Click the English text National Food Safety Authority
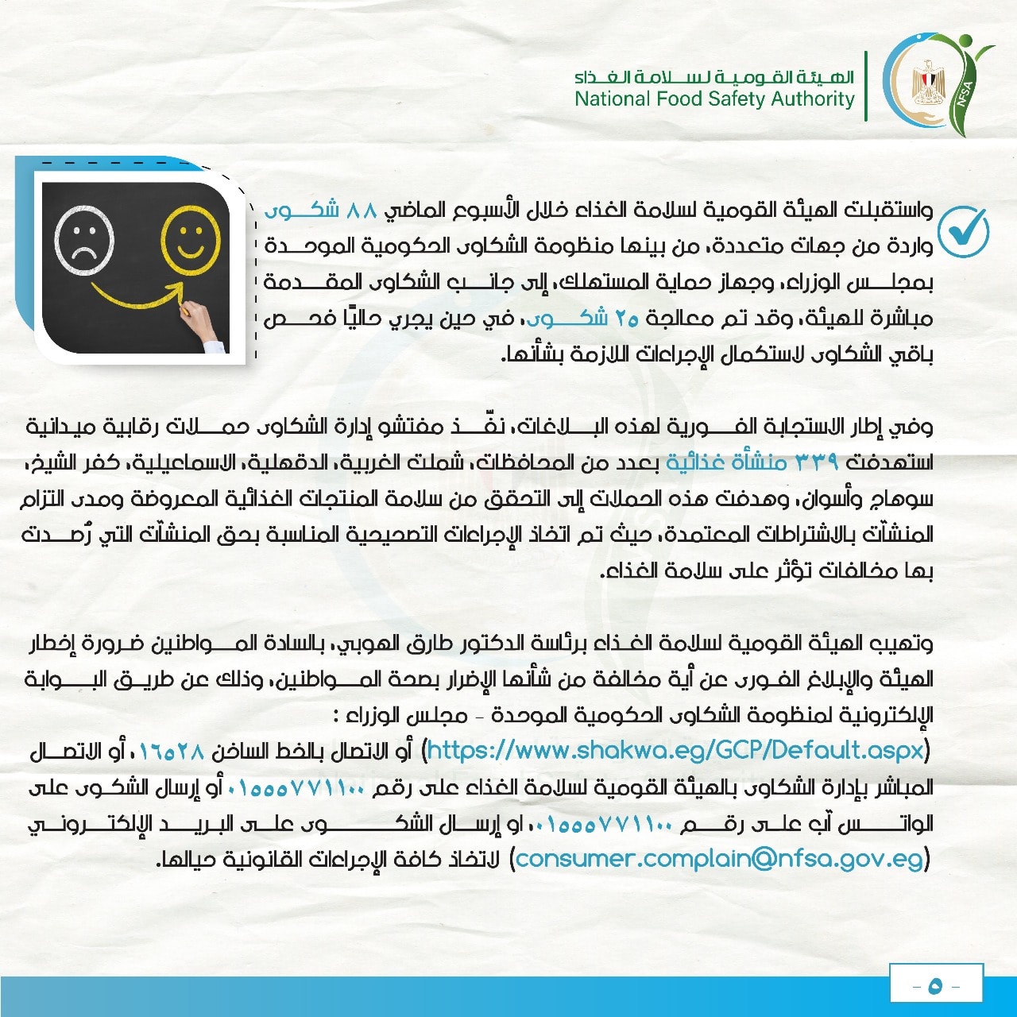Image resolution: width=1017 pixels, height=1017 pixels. click(714, 99)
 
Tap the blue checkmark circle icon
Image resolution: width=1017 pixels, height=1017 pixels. click(963, 231)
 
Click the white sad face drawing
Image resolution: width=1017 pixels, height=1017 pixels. click(84, 240)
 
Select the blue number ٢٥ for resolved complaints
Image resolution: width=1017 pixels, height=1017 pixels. click(627, 319)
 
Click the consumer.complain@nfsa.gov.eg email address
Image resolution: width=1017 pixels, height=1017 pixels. click(720, 859)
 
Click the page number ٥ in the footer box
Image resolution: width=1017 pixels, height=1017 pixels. click(935, 986)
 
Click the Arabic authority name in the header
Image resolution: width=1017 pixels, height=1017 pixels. click(714, 77)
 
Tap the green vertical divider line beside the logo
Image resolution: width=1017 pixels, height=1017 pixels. click(866, 86)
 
